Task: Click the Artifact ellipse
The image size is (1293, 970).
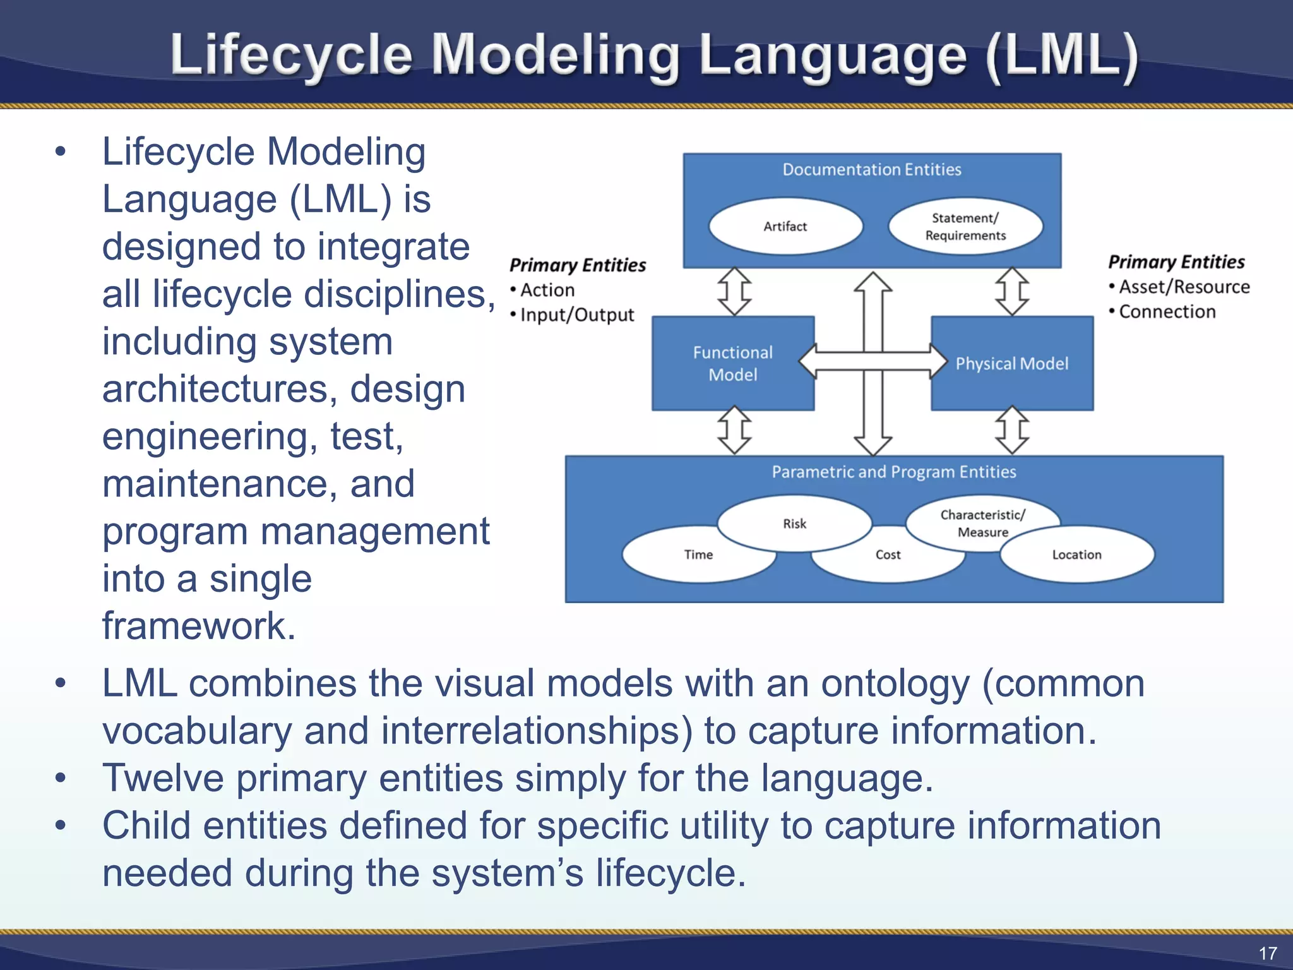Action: click(x=785, y=226)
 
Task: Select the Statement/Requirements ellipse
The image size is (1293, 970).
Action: click(x=965, y=226)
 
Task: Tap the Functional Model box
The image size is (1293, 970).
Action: click(x=732, y=363)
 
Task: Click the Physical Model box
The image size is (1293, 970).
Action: click(x=1011, y=363)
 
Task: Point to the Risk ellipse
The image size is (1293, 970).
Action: click(x=794, y=523)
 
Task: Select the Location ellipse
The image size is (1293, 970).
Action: click(x=1076, y=554)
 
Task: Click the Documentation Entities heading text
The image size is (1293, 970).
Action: click(x=871, y=169)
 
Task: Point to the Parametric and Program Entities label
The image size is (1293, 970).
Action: click(x=893, y=472)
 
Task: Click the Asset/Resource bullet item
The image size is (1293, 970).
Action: click(x=1184, y=287)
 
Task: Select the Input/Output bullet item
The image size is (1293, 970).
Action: click(x=576, y=314)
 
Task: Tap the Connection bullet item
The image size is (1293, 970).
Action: click(x=1167, y=311)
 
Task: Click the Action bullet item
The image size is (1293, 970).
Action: click(x=547, y=290)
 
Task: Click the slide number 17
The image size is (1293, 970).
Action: click(x=1267, y=953)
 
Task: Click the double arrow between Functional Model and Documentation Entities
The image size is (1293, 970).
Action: click(x=734, y=291)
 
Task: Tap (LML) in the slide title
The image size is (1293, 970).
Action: click(x=1062, y=56)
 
